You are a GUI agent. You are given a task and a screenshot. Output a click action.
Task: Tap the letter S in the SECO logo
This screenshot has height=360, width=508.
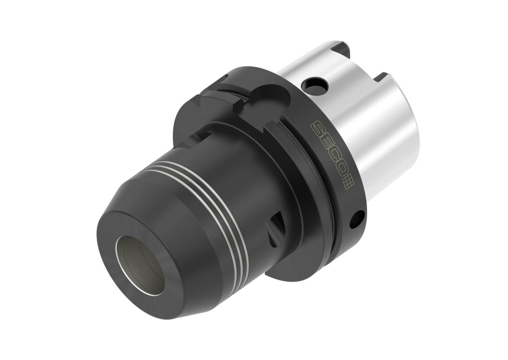tap(317, 130)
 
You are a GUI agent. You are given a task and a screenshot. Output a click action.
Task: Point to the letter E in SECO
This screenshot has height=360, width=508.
tap(325, 145)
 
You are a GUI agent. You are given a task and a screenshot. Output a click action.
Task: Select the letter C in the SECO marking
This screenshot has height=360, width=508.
tap(332, 159)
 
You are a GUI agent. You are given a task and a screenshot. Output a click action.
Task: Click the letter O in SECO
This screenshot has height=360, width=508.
tap(340, 173)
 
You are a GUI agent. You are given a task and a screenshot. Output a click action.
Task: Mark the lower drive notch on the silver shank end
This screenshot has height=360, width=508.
tap(381, 77)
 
